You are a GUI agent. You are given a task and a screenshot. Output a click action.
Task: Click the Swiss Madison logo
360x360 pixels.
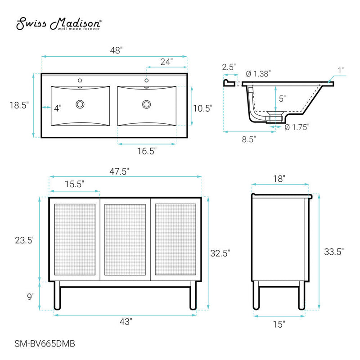click(x=59, y=25)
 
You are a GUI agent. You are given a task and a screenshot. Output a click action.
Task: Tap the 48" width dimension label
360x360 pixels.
click(x=116, y=51)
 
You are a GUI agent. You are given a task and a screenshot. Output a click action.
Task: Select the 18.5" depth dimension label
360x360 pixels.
click(x=19, y=106)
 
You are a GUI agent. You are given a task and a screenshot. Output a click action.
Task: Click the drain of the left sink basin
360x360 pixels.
click(x=80, y=104)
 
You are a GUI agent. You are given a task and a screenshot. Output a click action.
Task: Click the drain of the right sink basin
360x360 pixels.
click(x=146, y=104)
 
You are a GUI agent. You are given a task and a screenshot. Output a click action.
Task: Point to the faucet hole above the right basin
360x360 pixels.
click(x=146, y=81)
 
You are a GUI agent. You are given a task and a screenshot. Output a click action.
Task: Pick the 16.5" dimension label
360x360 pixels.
click(x=146, y=152)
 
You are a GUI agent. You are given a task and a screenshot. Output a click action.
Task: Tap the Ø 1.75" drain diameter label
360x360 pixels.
click(x=297, y=127)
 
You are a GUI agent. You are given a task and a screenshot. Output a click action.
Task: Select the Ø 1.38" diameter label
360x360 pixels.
click(x=258, y=74)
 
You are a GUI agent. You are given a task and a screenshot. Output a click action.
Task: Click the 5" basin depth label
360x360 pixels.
click(x=283, y=98)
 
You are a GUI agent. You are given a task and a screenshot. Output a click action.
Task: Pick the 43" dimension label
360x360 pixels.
click(x=126, y=322)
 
